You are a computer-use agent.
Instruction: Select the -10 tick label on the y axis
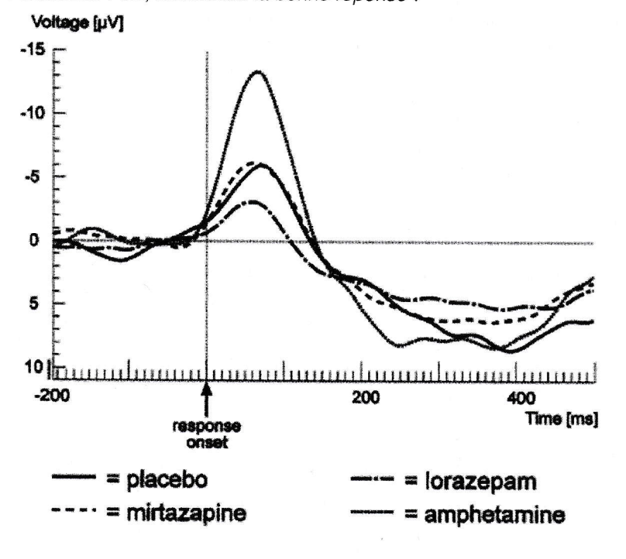coord(36,114)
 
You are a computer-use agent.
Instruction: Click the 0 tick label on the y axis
coord(34,241)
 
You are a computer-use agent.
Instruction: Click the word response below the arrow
coord(207,427)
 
